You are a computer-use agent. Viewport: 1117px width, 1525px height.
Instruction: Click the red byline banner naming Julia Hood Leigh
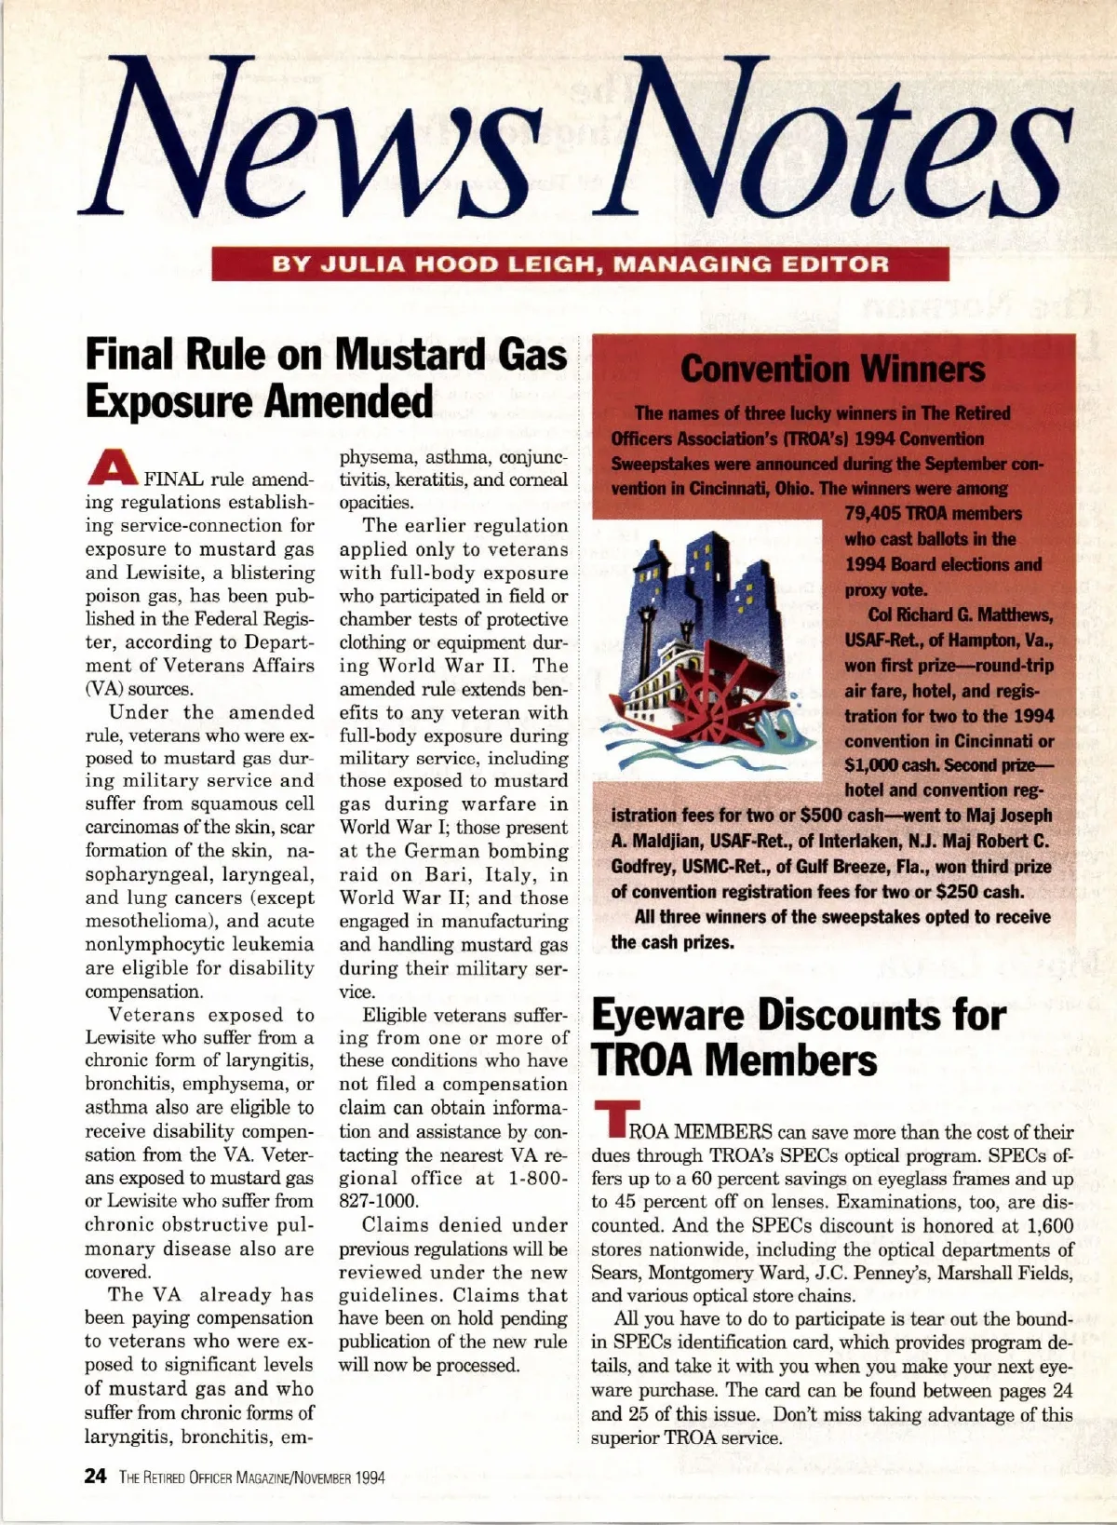click(x=580, y=263)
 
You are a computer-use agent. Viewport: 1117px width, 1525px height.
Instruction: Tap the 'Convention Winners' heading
click(x=832, y=369)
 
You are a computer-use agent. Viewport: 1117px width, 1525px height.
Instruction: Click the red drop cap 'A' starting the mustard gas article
click(x=111, y=468)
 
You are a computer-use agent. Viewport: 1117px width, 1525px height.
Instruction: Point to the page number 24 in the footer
click(x=95, y=1478)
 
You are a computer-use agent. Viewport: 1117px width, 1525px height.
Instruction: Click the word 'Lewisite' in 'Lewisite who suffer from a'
click(x=127, y=1037)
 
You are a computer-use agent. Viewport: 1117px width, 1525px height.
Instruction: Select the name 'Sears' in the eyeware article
click(x=615, y=1273)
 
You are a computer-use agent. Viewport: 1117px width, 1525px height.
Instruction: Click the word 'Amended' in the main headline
click(x=350, y=402)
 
